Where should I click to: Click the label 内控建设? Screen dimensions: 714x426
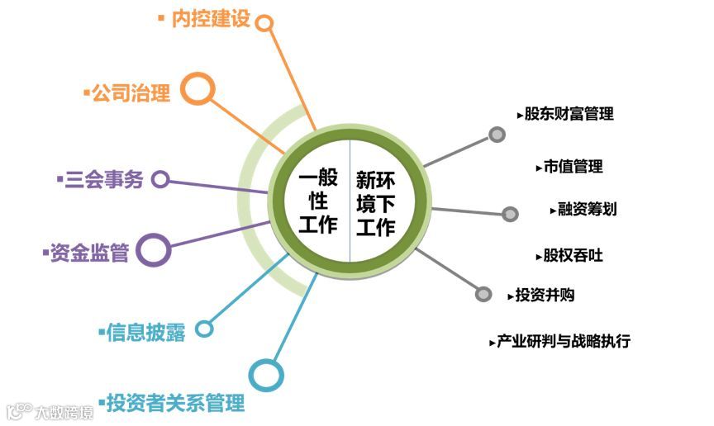(x=210, y=19)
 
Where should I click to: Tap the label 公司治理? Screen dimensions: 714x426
(x=131, y=93)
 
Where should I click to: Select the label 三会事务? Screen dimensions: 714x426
(x=103, y=180)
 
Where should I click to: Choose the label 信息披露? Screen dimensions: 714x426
(x=146, y=332)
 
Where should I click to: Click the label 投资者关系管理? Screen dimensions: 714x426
(x=175, y=404)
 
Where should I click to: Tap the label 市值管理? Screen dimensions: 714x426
(x=574, y=167)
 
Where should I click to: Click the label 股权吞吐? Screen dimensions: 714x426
(x=574, y=255)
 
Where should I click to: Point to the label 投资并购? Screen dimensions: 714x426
(x=545, y=295)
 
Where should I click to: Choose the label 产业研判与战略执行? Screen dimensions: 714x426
(x=564, y=341)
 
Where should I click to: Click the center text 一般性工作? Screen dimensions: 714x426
(x=318, y=201)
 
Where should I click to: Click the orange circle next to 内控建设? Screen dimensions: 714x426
(x=264, y=22)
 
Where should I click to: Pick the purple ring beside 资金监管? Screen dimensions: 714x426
(x=153, y=249)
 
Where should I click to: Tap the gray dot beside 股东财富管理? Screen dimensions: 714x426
(x=497, y=135)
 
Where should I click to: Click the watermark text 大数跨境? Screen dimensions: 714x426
(x=63, y=410)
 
